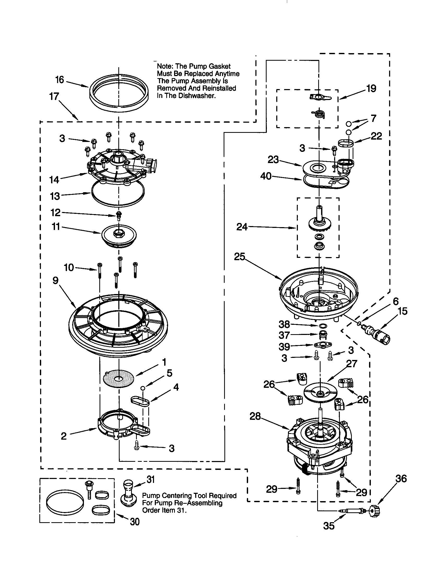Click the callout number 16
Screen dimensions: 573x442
tap(60, 80)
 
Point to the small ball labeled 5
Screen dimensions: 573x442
tap(143, 388)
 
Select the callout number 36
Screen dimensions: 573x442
tap(401, 478)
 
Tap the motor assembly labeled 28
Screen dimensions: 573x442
tap(319, 443)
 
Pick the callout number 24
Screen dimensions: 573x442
tap(242, 227)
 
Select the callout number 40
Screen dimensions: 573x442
tap(266, 176)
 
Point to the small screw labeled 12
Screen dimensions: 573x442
tap(119, 215)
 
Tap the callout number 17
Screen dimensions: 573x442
tap(54, 97)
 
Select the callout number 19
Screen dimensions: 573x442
tap(371, 89)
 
